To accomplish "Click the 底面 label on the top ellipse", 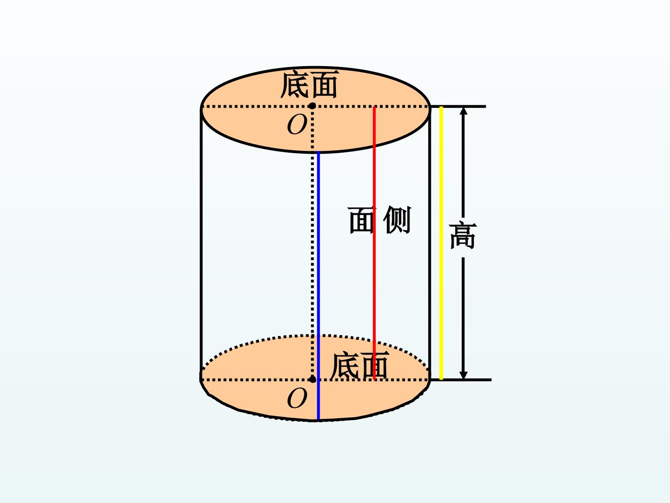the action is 309,84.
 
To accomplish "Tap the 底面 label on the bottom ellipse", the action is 360,365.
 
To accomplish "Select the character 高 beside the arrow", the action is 463,236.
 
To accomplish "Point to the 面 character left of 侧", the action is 362,220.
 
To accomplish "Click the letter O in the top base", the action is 297,125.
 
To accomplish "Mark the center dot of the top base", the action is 312,106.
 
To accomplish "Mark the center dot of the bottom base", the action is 312,380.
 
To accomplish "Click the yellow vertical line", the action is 441,243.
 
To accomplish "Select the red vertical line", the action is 374,243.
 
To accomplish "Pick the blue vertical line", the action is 318,286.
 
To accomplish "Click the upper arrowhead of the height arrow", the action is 463,110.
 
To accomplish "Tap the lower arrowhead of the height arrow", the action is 463,375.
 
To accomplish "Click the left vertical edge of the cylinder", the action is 201,245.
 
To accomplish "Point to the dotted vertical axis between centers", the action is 312,243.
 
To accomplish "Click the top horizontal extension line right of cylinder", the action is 458,107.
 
